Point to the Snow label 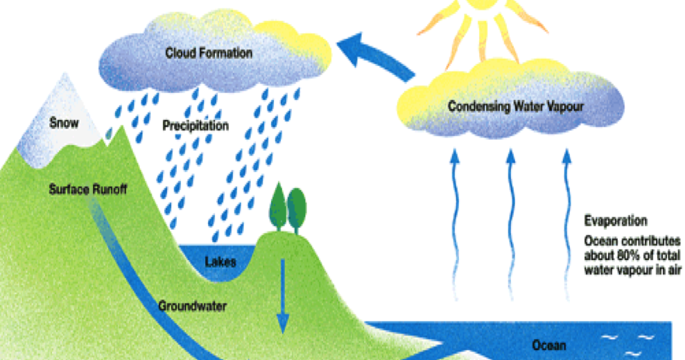tap(64, 123)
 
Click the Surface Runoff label tap(87, 188)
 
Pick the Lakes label tap(220, 262)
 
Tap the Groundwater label tap(192, 305)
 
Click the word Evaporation tap(616, 221)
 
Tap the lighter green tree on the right tap(297, 206)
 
